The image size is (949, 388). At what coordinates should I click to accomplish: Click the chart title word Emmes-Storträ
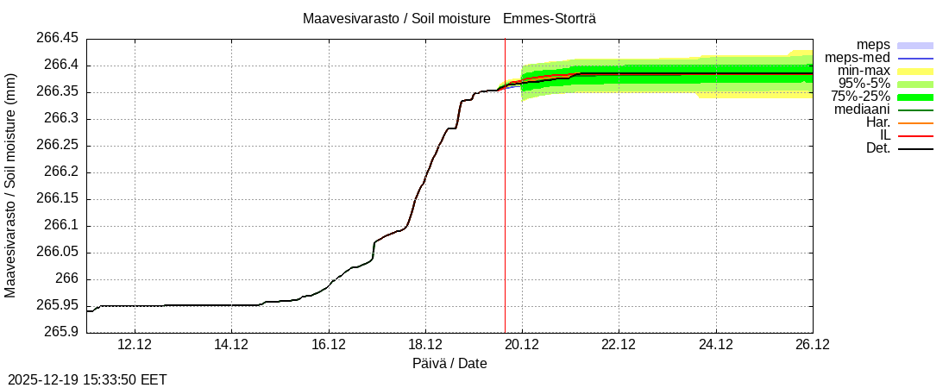point(549,18)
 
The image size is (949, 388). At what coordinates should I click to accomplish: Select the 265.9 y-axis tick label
point(62,332)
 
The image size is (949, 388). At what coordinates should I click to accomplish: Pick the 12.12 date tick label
point(135,345)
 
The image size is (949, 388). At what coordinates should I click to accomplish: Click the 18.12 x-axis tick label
point(425,345)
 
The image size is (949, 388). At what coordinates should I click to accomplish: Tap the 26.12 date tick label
point(812,345)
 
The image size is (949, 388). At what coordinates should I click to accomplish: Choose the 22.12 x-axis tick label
point(619,345)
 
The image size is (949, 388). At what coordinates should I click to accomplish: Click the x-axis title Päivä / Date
point(449,364)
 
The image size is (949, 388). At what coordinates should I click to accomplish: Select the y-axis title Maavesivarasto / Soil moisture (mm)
point(10,185)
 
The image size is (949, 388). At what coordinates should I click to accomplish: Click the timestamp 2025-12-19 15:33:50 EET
point(87,379)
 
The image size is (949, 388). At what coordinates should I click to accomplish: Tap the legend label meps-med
point(858,58)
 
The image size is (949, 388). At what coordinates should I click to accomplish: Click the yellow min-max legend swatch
point(915,71)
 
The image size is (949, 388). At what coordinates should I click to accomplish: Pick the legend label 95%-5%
point(864,84)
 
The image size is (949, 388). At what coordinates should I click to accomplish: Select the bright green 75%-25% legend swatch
point(915,97)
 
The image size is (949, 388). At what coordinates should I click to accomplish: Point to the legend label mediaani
point(862,110)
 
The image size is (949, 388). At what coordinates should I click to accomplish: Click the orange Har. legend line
point(915,122)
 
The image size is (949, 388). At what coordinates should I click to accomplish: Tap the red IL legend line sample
point(915,135)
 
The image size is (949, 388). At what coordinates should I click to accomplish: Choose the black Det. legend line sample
point(915,148)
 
